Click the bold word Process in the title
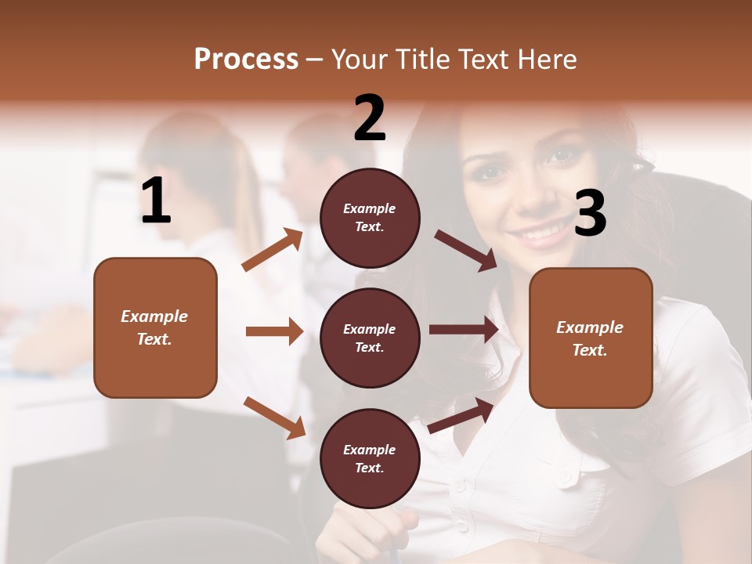pyautogui.click(x=246, y=60)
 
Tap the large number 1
pyautogui.click(x=156, y=201)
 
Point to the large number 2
pyautogui.click(x=370, y=118)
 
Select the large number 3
pyautogui.click(x=590, y=214)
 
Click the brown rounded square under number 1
pyautogui.click(x=155, y=327)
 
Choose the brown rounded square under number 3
pyautogui.click(x=591, y=338)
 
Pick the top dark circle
pyautogui.click(x=370, y=218)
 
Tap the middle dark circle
pyautogui.click(x=370, y=338)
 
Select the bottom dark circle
pyautogui.click(x=370, y=458)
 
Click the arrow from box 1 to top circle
pyautogui.click(x=273, y=250)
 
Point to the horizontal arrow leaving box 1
pyautogui.click(x=274, y=331)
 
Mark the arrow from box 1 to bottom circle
pyautogui.click(x=274, y=417)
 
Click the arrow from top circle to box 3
pyautogui.click(x=465, y=251)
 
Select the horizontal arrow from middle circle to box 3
pyautogui.click(x=464, y=329)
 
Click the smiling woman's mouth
pyautogui.click(x=543, y=232)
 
